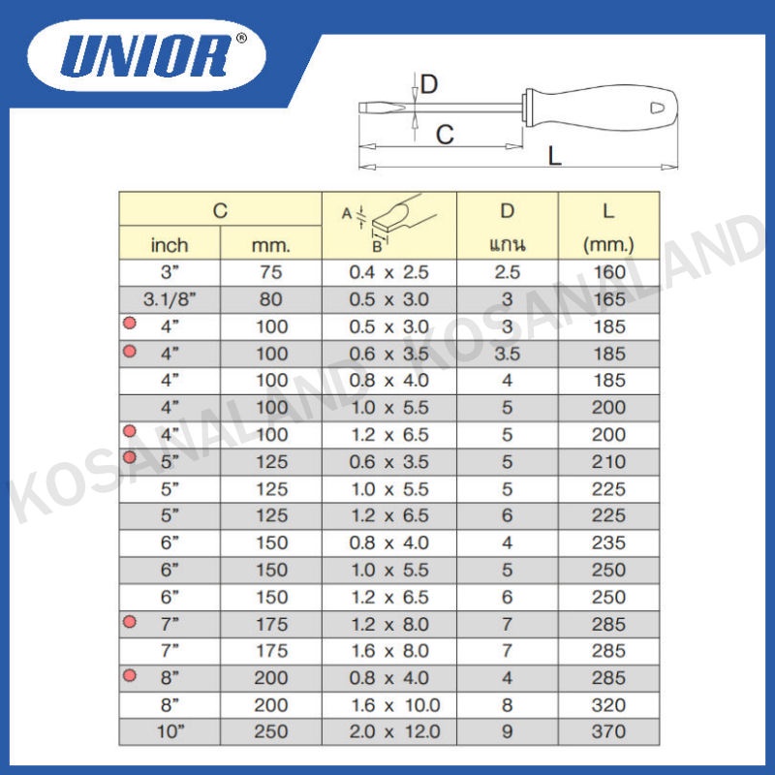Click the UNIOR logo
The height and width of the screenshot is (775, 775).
(147, 55)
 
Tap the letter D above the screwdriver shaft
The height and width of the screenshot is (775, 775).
(429, 84)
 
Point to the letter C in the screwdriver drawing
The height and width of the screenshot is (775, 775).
(445, 135)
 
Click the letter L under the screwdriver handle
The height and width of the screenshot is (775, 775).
(554, 156)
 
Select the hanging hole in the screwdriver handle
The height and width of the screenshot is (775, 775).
(657, 108)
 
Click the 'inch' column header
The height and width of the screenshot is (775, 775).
(170, 245)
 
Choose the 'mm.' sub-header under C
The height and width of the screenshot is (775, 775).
(271, 246)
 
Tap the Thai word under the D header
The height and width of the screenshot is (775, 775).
(507, 245)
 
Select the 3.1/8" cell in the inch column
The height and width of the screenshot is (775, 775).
(169, 299)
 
